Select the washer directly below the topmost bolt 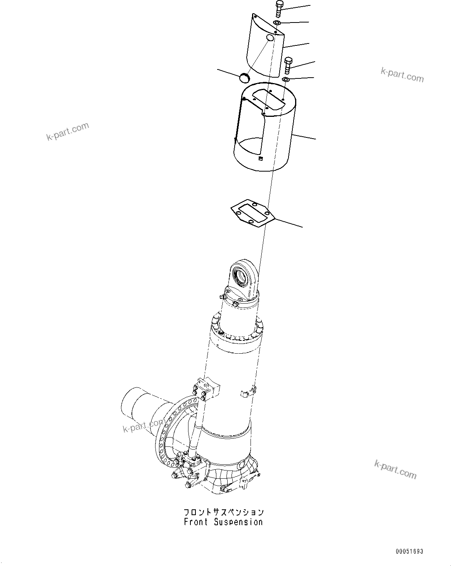tap(278, 23)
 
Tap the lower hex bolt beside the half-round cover tap(288, 66)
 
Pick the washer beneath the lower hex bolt tap(286, 80)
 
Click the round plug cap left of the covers tap(244, 78)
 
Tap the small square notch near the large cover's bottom tap(261, 158)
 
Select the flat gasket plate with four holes tap(252, 214)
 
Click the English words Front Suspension tap(223, 522)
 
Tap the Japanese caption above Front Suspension tap(223, 512)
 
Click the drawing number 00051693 tap(410, 551)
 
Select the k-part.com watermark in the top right tap(402, 75)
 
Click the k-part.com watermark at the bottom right tap(395, 469)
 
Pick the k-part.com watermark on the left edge tap(67, 132)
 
